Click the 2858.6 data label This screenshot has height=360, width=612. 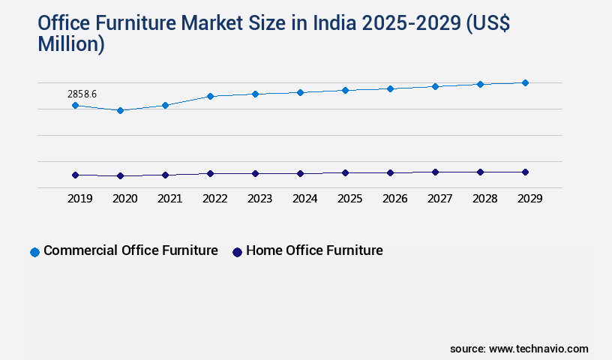82,94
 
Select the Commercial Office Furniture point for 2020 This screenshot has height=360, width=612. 120,110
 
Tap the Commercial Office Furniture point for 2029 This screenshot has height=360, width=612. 525,82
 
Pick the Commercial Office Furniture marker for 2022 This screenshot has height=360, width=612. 210,96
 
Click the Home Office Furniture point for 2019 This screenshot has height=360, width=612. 75,175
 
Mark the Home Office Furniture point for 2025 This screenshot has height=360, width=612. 345,172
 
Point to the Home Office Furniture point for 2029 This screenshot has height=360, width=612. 525,172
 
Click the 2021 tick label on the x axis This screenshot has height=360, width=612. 169,199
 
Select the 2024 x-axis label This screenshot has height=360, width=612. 304,199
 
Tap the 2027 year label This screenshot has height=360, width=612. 439,199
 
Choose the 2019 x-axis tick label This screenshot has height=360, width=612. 79,199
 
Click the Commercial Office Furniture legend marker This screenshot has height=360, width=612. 34,252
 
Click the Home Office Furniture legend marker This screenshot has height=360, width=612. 237,252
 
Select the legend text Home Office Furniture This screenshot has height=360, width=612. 314,250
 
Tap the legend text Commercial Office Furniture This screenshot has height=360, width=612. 130,250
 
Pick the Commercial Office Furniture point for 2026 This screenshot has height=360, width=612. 390,88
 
